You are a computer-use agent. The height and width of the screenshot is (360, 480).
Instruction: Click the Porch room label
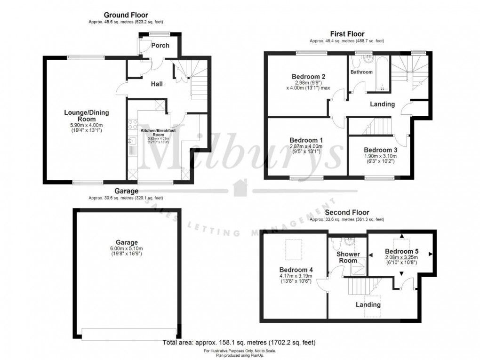tap(160, 46)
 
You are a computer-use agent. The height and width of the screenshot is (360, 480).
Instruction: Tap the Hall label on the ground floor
tap(157, 84)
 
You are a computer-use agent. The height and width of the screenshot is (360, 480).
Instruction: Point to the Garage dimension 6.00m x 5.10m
tap(125, 249)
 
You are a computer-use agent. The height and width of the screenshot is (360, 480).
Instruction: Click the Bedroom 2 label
tap(308, 76)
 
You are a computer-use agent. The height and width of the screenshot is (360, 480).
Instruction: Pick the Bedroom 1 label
tap(306, 140)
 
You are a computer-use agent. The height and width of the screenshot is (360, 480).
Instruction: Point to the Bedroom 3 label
tap(380, 150)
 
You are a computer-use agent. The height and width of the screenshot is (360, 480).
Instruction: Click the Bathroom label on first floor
tap(361, 72)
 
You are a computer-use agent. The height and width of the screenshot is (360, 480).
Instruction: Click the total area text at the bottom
tap(239, 342)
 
